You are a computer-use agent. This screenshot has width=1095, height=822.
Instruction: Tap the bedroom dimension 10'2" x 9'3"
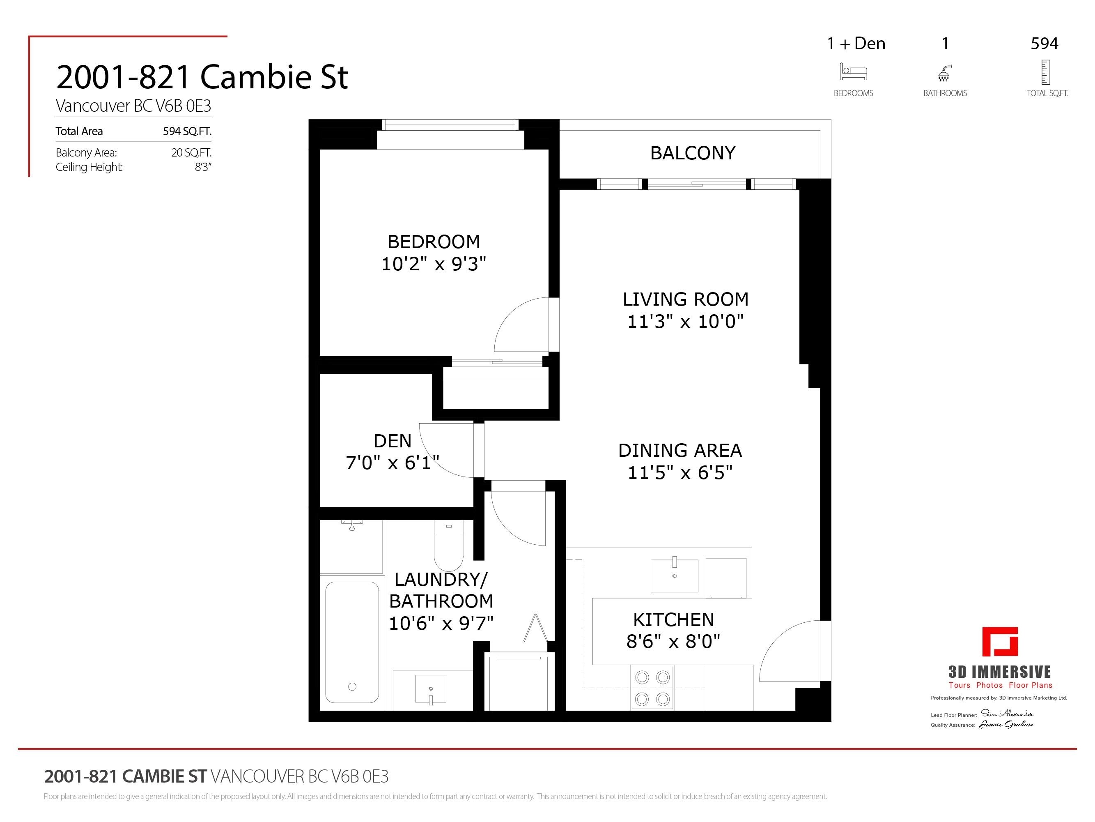(434, 264)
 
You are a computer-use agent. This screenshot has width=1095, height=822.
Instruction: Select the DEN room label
(392, 441)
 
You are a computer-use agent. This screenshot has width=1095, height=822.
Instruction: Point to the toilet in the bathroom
(448, 545)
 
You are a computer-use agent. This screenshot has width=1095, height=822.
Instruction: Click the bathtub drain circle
(352, 686)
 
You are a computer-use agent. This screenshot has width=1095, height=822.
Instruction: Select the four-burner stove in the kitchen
(652, 688)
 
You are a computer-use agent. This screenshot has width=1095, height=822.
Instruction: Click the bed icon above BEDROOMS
(853, 72)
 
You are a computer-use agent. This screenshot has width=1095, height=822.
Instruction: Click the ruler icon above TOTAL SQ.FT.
(1045, 72)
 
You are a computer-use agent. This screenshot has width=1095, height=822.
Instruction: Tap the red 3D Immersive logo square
(1000, 642)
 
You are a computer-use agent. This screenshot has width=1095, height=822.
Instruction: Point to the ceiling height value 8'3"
(203, 167)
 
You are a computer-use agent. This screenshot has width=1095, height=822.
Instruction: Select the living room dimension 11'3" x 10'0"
(685, 321)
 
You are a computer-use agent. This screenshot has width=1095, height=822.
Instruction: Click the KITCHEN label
(673, 619)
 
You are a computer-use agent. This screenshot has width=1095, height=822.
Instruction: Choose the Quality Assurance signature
(1005, 725)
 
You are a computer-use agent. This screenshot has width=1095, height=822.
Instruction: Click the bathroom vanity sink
(431, 689)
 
